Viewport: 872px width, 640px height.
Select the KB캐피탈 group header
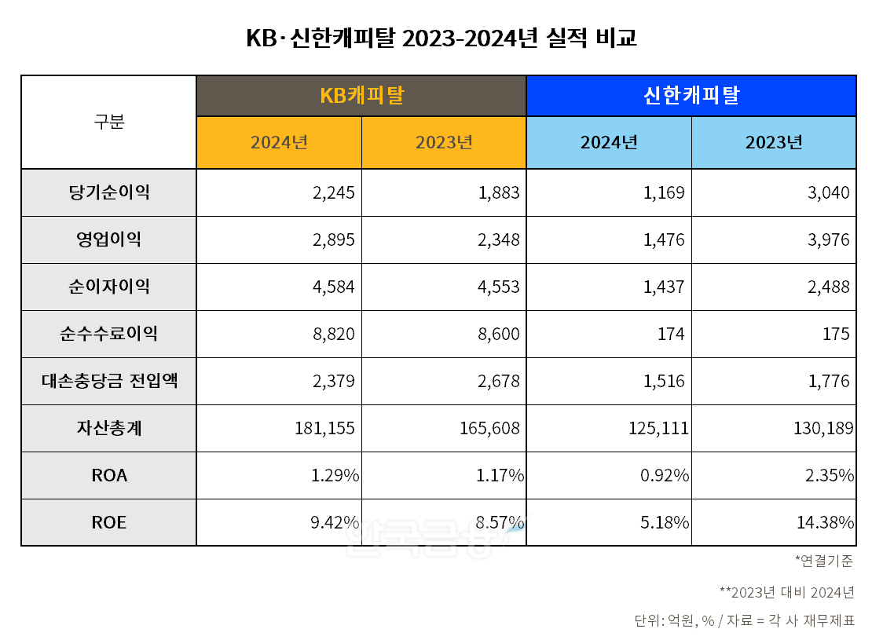(x=361, y=96)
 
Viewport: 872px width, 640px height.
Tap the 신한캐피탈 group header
(x=691, y=96)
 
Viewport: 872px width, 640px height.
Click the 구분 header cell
(x=109, y=123)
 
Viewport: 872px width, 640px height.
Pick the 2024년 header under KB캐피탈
(x=279, y=142)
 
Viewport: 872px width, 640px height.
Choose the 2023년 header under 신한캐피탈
(x=774, y=142)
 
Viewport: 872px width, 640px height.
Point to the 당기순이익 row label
(x=109, y=192)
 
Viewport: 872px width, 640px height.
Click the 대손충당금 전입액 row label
(x=109, y=381)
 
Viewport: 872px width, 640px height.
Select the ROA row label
(x=109, y=475)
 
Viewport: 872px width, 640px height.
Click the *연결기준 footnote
(x=824, y=561)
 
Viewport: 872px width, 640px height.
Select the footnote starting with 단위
(x=744, y=620)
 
